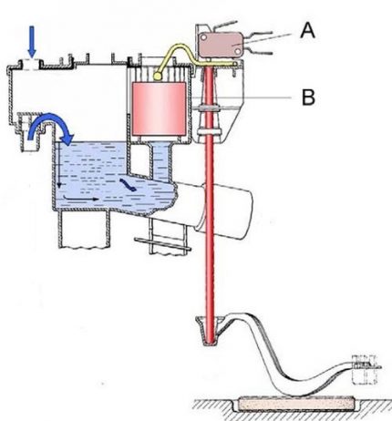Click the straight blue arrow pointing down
click(x=33, y=41)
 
